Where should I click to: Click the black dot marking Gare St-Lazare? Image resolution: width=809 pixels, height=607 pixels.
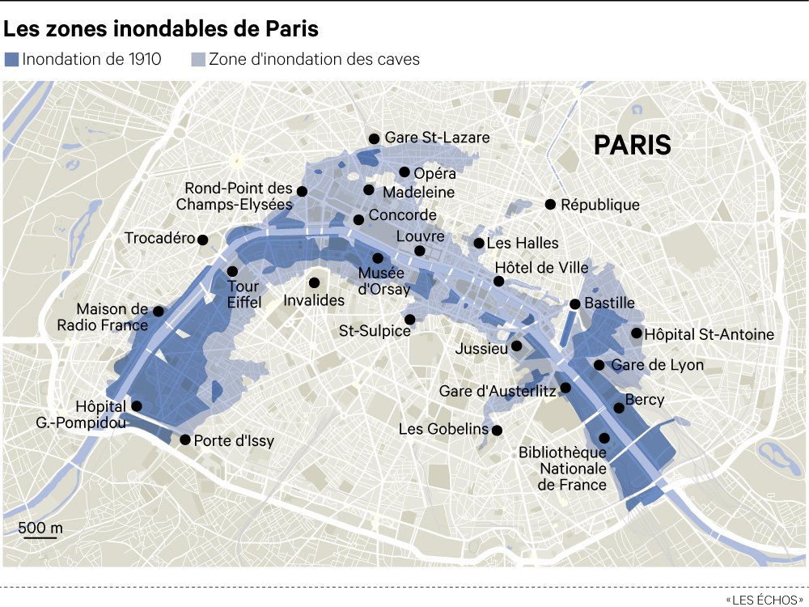(374, 139)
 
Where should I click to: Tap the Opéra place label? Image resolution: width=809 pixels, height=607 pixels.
(434, 173)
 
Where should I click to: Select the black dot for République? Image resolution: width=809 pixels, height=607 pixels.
(551, 205)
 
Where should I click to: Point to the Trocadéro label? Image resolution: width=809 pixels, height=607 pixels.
(160, 239)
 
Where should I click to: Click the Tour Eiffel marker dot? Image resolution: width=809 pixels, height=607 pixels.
(232, 271)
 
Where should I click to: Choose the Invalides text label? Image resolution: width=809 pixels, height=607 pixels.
(314, 300)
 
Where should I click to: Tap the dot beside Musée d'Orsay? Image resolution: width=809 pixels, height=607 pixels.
(378, 258)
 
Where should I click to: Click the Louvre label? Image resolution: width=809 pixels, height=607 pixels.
(421, 236)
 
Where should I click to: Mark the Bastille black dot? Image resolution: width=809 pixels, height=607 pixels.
(574, 304)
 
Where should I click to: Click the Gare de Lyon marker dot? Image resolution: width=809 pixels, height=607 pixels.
(599, 365)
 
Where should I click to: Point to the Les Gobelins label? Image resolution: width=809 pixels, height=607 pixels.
(444, 429)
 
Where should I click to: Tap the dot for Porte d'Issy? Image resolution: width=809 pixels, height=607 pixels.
(185, 440)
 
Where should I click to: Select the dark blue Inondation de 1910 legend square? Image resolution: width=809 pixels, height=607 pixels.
(11, 59)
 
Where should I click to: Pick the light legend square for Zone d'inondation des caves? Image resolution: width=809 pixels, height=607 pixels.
(197, 59)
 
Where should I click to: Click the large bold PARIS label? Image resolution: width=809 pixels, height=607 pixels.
(632, 145)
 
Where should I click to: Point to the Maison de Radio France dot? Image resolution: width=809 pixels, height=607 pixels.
(159, 311)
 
